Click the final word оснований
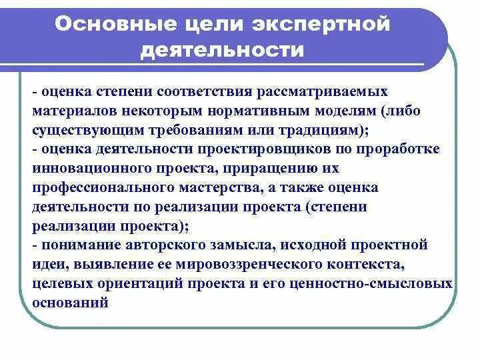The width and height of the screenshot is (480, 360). click(71, 303)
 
